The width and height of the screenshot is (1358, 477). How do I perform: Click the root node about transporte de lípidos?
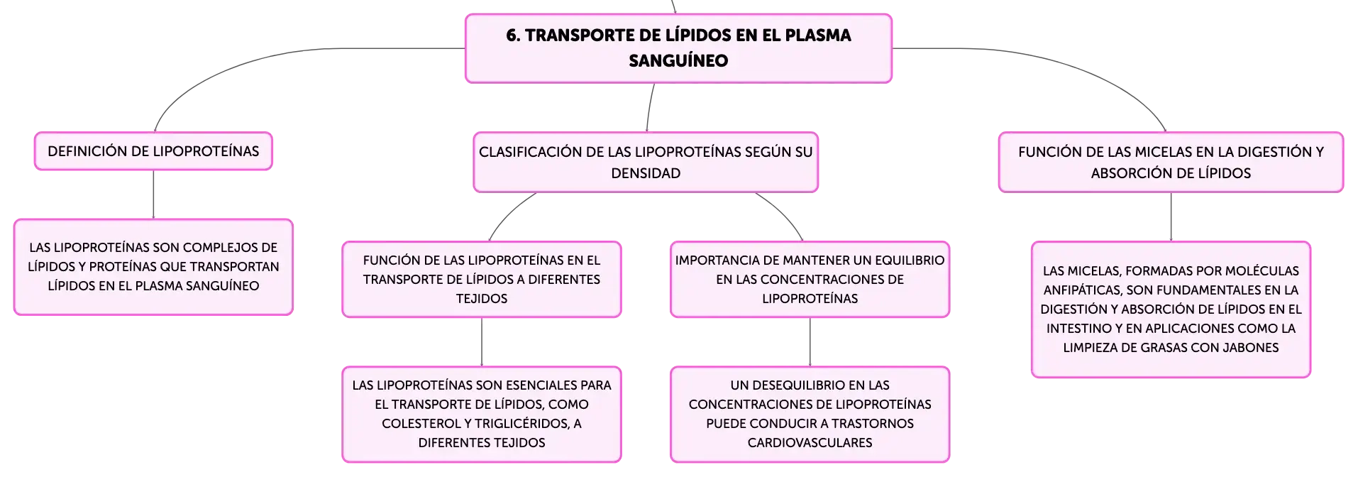pyautogui.click(x=678, y=48)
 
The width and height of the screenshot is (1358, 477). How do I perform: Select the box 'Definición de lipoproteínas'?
pyautogui.click(x=153, y=151)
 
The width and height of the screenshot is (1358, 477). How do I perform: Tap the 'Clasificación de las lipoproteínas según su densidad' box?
pyautogui.click(x=646, y=162)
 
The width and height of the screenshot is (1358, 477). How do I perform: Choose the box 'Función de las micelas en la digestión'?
pyautogui.click(x=1171, y=162)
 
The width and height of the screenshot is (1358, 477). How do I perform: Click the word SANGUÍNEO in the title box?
pyautogui.click(x=678, y=60)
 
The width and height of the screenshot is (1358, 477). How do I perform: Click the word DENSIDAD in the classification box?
pyautogui.click(x=646, y=173)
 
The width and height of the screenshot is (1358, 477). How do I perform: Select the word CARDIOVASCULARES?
pyautogui.click(x=810, y=443)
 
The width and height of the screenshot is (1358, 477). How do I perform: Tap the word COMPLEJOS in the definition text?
pyautogui.click(x=226, y=248)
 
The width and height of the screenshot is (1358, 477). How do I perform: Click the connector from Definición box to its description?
pyautogui.click(x=153, y=194)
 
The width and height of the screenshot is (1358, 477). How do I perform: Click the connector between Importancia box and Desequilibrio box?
pyautogui.click(x=810, y=342)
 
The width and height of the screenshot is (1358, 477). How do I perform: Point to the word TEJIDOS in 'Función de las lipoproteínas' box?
pyautogui.click(x=482, y=299)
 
